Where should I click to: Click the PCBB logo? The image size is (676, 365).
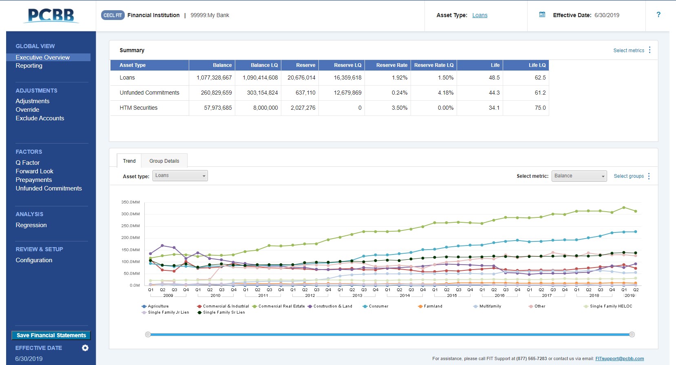click(51, 15)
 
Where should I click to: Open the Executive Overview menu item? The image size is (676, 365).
click(42, 58)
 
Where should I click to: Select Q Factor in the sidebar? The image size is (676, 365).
click(27, 163)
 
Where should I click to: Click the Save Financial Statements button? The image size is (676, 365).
click(51, 335)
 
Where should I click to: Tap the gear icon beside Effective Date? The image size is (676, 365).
click(85, 348)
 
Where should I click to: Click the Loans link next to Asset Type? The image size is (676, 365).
click(479, 15)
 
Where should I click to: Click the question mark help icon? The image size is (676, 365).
click(658, 15)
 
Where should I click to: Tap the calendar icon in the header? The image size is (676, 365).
click(542, 15)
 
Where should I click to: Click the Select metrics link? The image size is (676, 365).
click(628, 51)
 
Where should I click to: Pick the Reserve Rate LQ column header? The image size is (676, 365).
click(433, 65)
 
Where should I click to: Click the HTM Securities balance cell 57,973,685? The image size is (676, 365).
click(218, 108)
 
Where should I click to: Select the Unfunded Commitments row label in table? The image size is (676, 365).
click(149, 93)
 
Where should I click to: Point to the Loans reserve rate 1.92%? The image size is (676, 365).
click(399, 78)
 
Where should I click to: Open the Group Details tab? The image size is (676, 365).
click(164, 161)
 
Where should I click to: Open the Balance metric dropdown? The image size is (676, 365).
click(579, 176)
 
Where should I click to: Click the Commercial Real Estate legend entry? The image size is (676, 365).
click(281, 306)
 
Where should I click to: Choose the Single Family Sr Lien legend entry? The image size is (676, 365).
click(223, 312)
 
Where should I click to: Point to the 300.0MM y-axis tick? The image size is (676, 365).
click(130, 214)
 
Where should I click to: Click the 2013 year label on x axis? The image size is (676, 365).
click(357, 296)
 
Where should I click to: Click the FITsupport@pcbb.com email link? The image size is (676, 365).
click(619, 359)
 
